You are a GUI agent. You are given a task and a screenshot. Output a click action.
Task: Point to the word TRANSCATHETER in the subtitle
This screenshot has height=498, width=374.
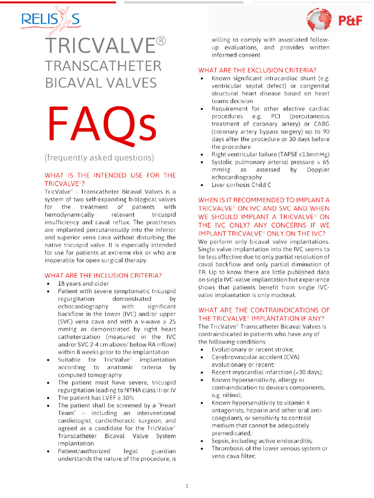103,66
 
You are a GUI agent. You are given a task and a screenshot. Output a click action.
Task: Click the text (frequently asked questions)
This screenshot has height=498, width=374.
99,158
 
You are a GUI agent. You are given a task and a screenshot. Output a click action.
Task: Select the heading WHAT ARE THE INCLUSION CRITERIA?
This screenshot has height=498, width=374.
103,275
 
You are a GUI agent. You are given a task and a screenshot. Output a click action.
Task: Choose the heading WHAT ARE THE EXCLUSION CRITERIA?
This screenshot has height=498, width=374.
257,70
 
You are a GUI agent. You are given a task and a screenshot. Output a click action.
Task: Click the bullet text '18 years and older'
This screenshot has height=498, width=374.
83,284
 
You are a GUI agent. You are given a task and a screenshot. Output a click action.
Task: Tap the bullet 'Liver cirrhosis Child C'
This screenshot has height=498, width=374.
241,185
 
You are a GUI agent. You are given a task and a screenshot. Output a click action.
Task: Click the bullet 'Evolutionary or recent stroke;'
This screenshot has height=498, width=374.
252,349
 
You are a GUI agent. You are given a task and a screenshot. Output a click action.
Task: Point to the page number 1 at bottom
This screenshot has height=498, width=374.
187,486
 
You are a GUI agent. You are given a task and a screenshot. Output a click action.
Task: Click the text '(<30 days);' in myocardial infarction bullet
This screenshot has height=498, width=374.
306,372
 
